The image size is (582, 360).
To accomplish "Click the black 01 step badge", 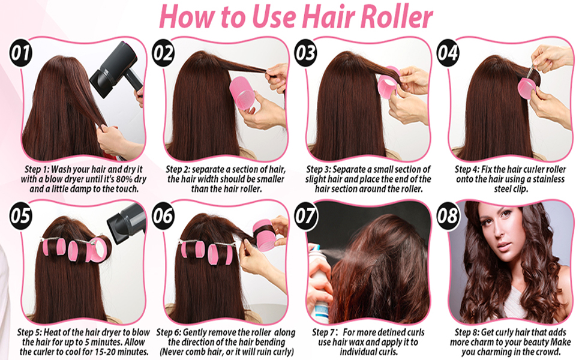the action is [x=21, y=53].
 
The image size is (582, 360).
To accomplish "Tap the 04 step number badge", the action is [x=448, y=53].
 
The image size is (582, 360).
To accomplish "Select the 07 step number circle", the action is [x=305, y=215].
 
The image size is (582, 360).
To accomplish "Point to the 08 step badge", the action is [x=448, y=215].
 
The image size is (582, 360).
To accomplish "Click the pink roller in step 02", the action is [x=244, y=94].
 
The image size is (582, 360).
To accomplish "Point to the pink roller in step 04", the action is [x=527, y=87].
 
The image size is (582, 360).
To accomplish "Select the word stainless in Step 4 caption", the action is [x=548, y=179].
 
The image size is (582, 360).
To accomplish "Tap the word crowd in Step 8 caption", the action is [x=547, y=351].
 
